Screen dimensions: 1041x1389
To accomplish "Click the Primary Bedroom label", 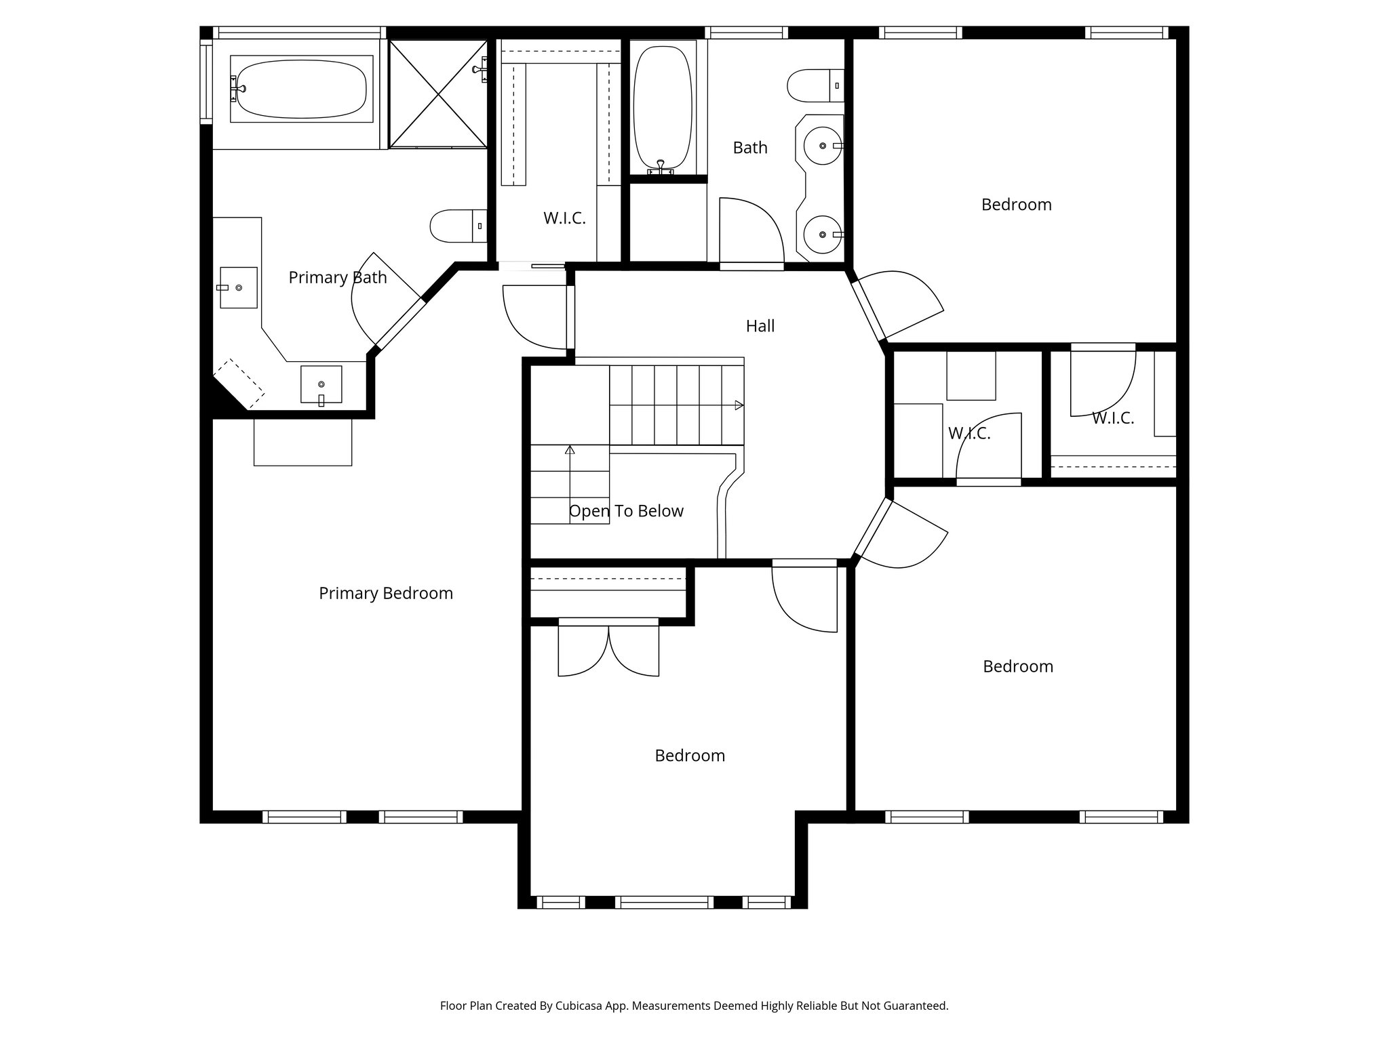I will [385, 593].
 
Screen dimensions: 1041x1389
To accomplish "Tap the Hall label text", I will [760, 326].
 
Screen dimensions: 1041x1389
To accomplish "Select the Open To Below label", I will [625, 511].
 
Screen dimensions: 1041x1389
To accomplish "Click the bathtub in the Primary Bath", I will [301, 89].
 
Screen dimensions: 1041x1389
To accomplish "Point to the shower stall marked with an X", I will [438, 94].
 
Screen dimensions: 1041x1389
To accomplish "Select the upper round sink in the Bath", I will [822, 146].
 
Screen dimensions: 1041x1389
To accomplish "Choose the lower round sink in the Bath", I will [822, 234].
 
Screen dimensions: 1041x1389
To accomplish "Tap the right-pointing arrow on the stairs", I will [739, 405].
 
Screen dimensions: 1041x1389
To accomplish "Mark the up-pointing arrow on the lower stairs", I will [570, 449].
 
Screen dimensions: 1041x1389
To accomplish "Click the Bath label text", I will [749, 148].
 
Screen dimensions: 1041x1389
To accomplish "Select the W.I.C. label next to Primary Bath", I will [564, 218].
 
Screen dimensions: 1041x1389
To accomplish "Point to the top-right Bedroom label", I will [1016, 205].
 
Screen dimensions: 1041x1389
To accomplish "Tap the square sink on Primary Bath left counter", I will [238, 287].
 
